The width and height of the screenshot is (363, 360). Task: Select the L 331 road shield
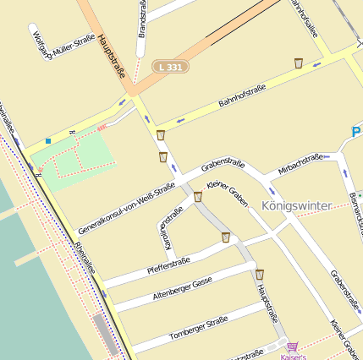tap(170, 65)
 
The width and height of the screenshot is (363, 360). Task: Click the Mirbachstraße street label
tap(300, 164)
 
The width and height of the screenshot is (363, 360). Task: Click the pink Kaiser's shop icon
tap(293, 346)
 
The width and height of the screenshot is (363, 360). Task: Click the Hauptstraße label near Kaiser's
tap(267, 305)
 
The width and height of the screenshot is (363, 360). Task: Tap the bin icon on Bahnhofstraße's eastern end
tap(299, 63)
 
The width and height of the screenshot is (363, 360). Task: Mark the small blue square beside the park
tap(48, 140)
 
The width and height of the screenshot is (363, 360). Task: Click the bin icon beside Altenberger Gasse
tap(260, 275)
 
